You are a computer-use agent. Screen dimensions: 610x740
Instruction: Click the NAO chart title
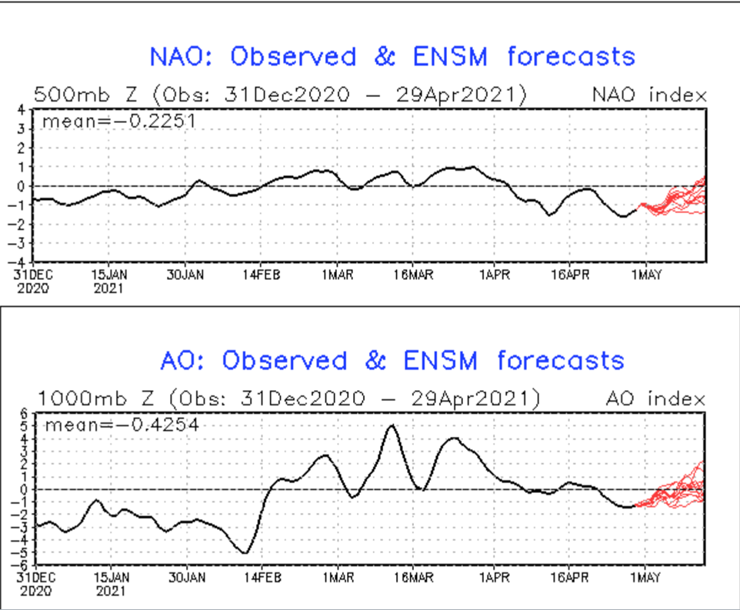392,56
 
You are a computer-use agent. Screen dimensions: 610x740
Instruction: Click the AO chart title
392,360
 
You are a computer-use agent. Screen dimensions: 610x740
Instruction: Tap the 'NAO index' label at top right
648,95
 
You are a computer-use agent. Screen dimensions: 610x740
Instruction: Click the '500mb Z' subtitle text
85,95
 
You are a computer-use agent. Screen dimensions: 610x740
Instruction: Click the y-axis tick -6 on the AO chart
21,565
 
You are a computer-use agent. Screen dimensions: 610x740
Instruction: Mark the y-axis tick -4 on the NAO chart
21,262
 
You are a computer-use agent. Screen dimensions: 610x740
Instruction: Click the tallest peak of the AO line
393,425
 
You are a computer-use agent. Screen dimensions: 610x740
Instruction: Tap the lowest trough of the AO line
245,552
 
